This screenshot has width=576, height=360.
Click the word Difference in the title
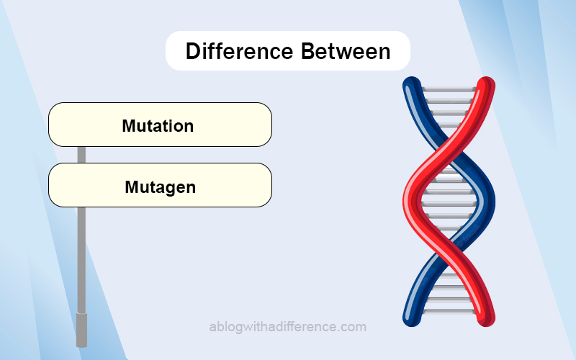(240, 51)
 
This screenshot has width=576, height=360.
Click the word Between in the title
(346, 51)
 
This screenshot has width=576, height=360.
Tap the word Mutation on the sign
(158, 126)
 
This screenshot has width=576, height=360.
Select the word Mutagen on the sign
(160, 188)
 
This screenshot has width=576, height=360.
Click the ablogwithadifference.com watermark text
(287, 327)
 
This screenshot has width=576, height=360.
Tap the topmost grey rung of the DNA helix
(449, 89)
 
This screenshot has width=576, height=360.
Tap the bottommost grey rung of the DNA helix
(449, 312)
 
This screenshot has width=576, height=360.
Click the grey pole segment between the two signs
(81, 155)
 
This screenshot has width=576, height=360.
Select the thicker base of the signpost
(81, 330)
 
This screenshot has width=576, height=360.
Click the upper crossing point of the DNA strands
(449, 147)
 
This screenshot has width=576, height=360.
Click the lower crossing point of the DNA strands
(449, 250)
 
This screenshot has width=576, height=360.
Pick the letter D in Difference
(193, 51)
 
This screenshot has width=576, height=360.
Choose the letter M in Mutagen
(132, 186)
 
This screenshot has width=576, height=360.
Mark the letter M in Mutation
(130, 126)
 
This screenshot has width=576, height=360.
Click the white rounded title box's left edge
(166, 50)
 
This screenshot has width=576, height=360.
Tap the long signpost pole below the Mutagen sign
(81, 260)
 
